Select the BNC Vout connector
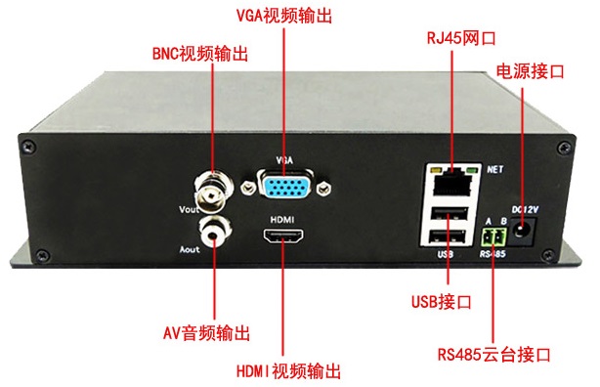tap(214, 183)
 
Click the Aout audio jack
tap(215, 232)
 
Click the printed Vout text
tap(191, 208)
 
